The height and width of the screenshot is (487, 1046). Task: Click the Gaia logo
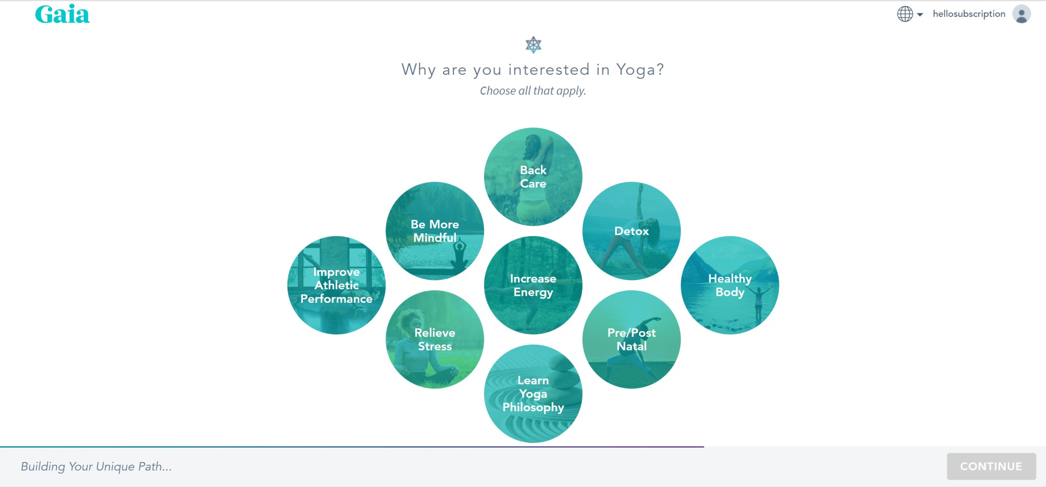coord(62,14)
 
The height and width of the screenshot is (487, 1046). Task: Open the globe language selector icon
coord(905,14)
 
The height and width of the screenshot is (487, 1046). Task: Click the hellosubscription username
coord(969,14)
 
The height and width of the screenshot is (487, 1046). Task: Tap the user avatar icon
coord(1021,14)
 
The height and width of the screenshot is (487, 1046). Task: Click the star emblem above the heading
coord(533,45)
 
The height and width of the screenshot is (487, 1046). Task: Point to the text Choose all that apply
coord(532,91)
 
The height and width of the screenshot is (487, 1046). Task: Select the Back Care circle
coord(533,177)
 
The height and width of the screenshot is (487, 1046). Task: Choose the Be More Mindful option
coord(434,231)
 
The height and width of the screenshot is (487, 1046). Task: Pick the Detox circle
coord(631,231)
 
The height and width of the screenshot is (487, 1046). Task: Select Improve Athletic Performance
coord(336,285)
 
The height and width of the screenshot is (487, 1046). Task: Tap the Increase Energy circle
coord(533,285)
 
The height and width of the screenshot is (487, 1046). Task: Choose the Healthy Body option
coord(730,285)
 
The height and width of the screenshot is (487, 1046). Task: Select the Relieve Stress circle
coord(434,340)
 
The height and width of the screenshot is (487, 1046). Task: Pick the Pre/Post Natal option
coord(631,340)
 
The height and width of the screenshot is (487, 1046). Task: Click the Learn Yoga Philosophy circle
coord(533,394)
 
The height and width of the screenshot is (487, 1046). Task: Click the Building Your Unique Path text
coord(96,467)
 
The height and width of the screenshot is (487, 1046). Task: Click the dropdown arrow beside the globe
coord(920,14)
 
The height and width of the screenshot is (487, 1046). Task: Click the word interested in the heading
coord(548,70)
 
